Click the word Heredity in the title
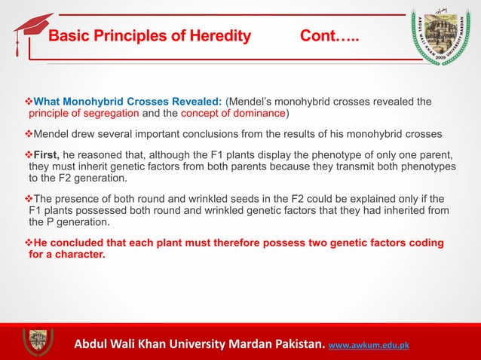coord(219,36)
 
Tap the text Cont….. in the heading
coord(329,36)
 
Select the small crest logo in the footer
coord(38,341)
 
